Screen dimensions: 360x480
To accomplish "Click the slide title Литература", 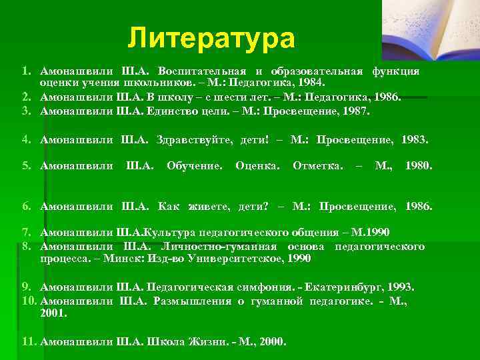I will pos(211,38).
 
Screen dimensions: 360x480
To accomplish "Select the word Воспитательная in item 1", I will pos(200,71).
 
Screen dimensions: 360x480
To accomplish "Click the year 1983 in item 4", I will pos(414,140).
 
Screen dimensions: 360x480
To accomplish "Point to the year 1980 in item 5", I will pos(419,164).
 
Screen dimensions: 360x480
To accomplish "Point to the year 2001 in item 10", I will pos(53,312).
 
